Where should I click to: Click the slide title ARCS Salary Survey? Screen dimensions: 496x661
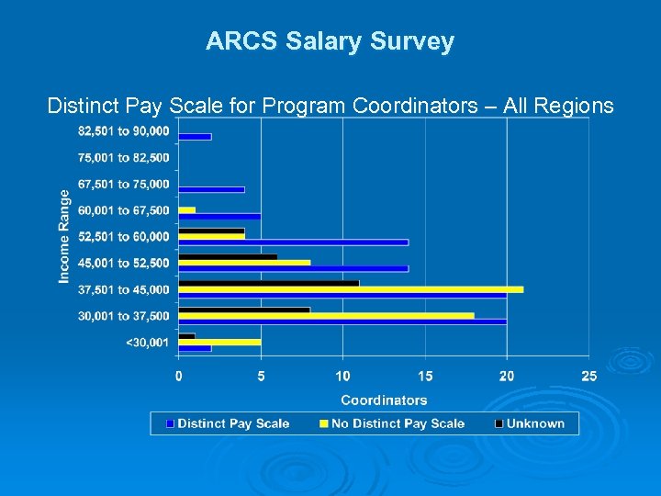click(330, 41)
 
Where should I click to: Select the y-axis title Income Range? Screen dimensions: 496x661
click(65, 237)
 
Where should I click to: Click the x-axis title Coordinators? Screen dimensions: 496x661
click(384, 400)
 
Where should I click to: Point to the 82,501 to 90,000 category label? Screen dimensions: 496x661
click(124, 132)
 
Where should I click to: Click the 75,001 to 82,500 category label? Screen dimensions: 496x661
click(124, 158)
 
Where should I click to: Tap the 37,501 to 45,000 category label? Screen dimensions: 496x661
click(124, 289)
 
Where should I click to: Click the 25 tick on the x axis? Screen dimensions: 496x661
click(588, 376)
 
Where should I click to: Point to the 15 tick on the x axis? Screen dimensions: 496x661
click(425, 376)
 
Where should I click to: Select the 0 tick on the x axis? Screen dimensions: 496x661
click(178, 376)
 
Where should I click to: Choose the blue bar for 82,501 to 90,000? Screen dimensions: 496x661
click(195, 137)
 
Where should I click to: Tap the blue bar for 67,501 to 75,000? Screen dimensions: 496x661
click(211, 190)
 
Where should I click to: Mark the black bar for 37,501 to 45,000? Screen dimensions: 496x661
click(268, 283)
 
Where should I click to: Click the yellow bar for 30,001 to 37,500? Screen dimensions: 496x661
click(326, 315)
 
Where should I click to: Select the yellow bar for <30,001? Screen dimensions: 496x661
click(219, 342)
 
